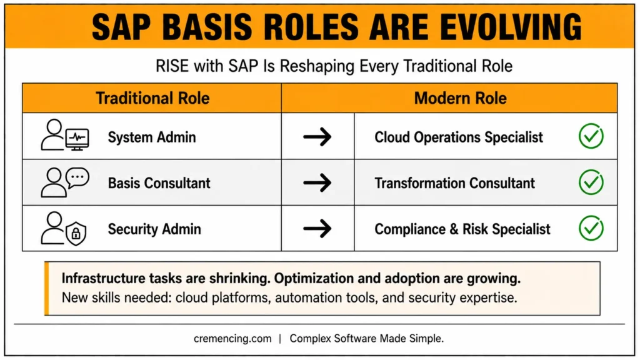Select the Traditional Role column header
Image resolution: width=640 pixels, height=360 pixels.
[152, 98]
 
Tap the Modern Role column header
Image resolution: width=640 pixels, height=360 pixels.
[461, 98]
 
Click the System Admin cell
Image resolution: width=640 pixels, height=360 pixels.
[152, 137]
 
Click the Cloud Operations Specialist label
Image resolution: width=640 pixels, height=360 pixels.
[459, 137]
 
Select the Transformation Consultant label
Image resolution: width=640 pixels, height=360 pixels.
[455, 183]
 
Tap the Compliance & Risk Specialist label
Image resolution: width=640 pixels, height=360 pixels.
[462, 229]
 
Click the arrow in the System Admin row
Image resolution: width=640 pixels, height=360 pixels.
[317, 137]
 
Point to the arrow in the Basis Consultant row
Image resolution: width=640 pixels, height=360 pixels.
[317, 182]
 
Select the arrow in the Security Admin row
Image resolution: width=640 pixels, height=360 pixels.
[317, 229]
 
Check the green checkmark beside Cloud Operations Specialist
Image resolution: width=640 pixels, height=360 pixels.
[591, 136]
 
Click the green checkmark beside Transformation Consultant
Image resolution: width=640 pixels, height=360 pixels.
[591, 182]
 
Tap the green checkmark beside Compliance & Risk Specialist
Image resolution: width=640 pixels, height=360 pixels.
[591, 228]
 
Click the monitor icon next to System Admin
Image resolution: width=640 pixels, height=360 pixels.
[77, 139]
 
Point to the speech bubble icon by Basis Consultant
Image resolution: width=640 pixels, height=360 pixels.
[77, 178]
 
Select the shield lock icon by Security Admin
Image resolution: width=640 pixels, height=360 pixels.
[76, 234]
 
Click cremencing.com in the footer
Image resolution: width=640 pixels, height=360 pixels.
[232, 339]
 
